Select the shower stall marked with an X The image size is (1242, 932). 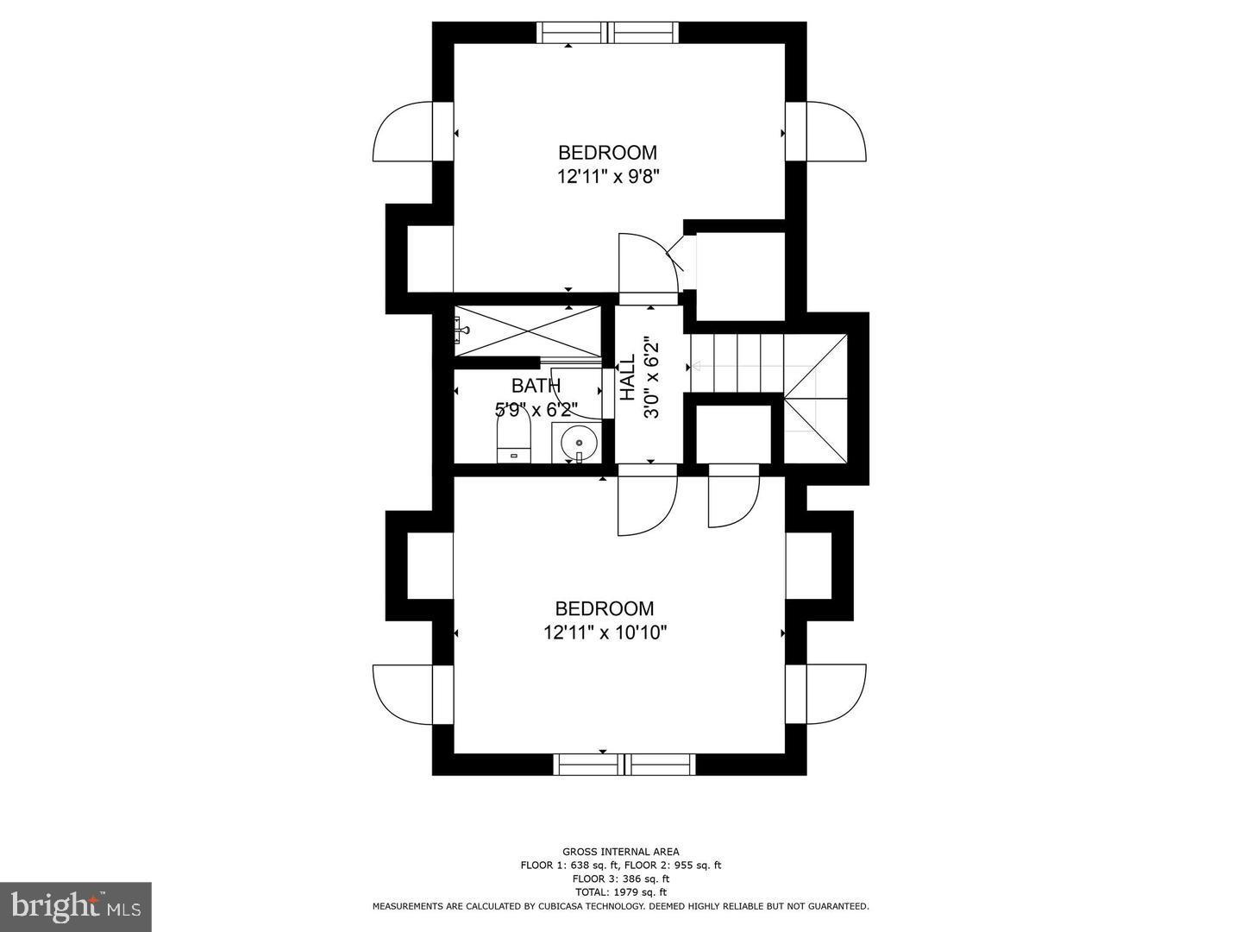coord(527,330)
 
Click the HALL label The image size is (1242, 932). coord(628,377)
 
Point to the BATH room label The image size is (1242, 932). coord(536,386)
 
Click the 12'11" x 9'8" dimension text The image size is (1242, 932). coord(613,177)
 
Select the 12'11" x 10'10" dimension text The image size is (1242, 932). coord(605,633)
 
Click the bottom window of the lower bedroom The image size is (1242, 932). coord(624,764)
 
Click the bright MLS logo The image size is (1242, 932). coord(75,906)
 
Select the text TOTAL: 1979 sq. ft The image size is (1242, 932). coord(621,892)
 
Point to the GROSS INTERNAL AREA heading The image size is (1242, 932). coord(621,852)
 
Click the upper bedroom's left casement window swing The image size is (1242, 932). coord(403,131)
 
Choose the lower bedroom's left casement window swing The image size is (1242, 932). coord(403,694)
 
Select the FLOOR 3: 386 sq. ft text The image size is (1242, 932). coord(621,878)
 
